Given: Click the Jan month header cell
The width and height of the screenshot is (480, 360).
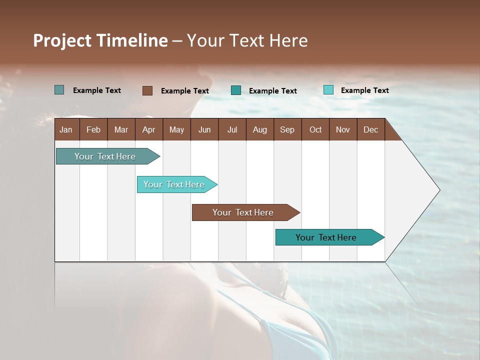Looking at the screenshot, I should point(66,129).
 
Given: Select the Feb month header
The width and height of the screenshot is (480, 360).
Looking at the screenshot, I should point(93,129).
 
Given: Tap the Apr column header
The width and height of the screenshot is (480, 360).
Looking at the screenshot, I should point(149,129).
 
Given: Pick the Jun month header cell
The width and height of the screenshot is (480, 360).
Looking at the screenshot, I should point(204,129).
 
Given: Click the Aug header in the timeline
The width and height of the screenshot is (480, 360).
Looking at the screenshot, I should point(260,129).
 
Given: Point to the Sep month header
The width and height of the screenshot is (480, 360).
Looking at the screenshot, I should point(287,129).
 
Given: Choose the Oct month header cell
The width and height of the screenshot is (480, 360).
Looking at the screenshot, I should point(315,129).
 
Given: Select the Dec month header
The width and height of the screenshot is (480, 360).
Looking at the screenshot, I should point(371,129).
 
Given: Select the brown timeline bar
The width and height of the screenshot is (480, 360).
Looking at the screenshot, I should point(243,212).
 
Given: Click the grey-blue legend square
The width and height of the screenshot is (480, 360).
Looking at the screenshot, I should point(59,90).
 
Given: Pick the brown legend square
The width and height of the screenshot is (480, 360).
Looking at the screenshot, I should point(147,90).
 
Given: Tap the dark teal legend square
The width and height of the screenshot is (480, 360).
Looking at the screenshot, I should point(236,90).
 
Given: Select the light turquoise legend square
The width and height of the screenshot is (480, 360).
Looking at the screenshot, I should point(328,90).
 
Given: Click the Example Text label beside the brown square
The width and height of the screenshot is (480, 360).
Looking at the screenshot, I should point(184,91).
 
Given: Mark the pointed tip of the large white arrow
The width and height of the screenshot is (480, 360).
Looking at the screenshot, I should point(439,190).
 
